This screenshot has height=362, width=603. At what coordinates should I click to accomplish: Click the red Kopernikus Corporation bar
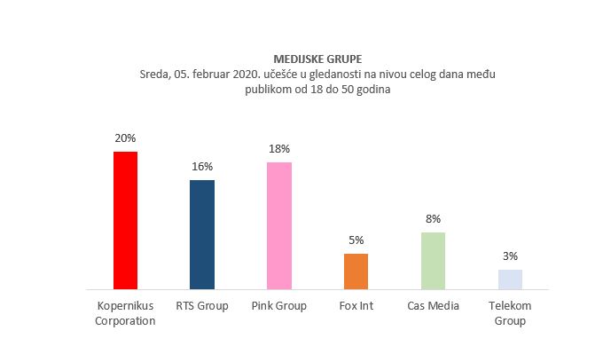click(x=125, y=220)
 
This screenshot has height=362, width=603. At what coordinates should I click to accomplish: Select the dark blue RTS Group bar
click(x=202, y=234)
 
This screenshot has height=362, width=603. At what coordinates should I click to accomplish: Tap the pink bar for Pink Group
click(x=279, y=225)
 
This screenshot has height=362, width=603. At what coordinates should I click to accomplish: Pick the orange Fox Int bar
click(x=356, y=271)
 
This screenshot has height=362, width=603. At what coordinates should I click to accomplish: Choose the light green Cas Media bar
click(x=433, y=260)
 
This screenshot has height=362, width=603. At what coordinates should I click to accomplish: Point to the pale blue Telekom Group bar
click(x=510, y=279)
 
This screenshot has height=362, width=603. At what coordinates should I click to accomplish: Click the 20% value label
click(x=125, y=138)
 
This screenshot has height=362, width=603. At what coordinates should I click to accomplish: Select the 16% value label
click(x=202, y=167)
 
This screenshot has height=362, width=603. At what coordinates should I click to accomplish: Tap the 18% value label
click(x=279, y=149)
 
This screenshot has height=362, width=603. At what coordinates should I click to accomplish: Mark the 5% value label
click(x=356, y=240)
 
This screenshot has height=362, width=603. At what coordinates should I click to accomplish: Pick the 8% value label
click(x=433, y=218)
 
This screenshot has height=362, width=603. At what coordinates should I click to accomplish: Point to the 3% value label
click(x=510, y=256)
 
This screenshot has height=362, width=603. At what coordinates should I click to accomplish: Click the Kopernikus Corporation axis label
click(x=125, y=313)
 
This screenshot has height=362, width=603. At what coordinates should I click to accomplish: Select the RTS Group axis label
click(x=202, y=306)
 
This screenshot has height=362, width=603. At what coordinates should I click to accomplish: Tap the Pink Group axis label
click(x=279, y=306)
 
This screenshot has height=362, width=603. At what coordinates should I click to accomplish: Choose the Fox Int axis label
click(x=356, y=306)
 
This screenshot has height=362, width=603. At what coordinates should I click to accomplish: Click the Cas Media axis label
click(x=433, y=306)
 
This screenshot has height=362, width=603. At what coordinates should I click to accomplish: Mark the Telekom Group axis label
click(x=510, y=313)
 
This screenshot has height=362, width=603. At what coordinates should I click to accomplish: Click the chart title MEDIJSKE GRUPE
click(x=306, y=60)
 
